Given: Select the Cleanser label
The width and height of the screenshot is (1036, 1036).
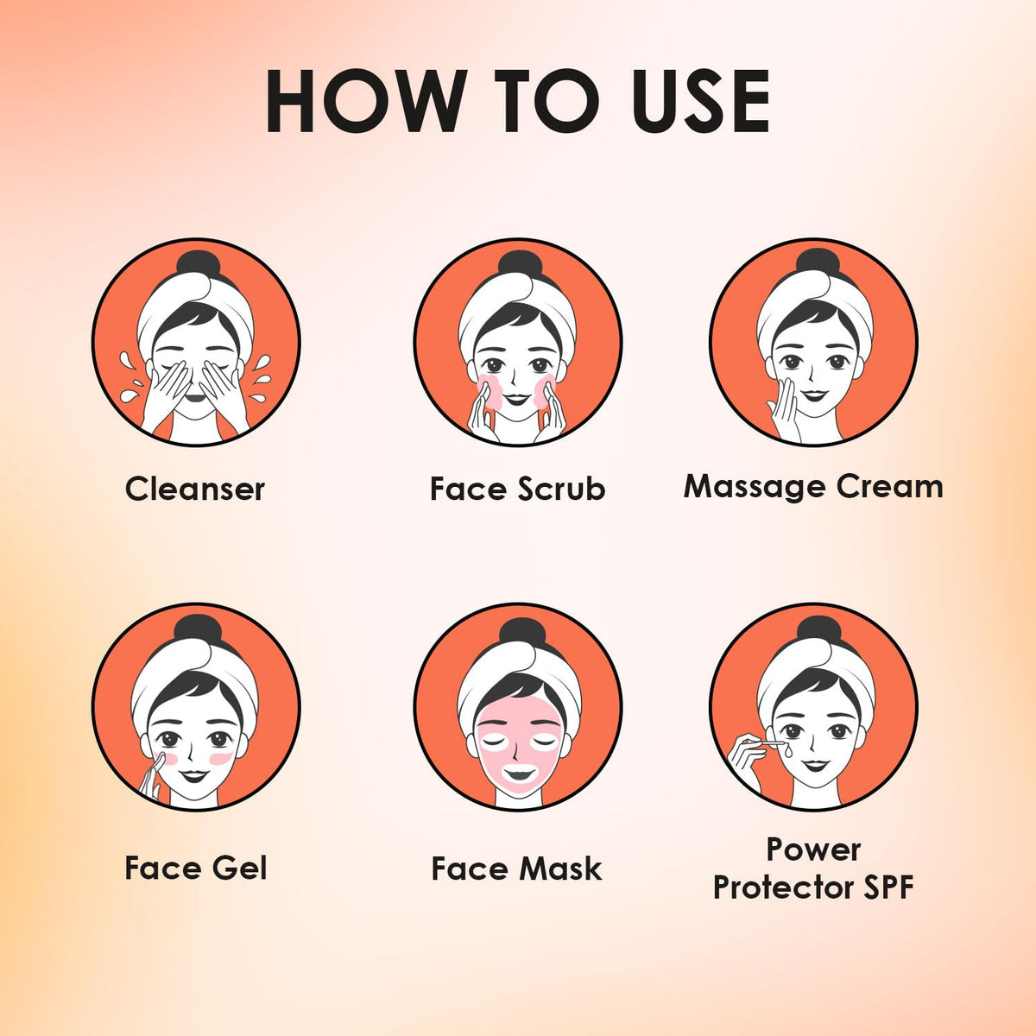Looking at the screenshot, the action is click(x=195, y=490).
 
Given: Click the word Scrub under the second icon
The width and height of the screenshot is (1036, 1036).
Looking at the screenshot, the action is click(x=562, y=489).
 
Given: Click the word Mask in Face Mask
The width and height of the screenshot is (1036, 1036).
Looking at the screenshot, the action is click(x=560, y=869).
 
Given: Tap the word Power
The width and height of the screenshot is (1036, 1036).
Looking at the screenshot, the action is click(x=813, y=850).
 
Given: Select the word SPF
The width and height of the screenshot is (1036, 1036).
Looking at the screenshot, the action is click(x=888, y=888).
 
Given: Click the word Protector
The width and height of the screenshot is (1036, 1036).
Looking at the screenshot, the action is click(x=784, y=888).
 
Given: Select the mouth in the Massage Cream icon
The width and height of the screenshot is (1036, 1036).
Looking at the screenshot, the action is click(x=814, y=395).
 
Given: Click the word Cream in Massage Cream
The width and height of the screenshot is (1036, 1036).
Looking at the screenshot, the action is click(x=890, y=487).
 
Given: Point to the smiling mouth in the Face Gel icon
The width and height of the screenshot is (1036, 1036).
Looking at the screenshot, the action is click(x=194, y=776).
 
